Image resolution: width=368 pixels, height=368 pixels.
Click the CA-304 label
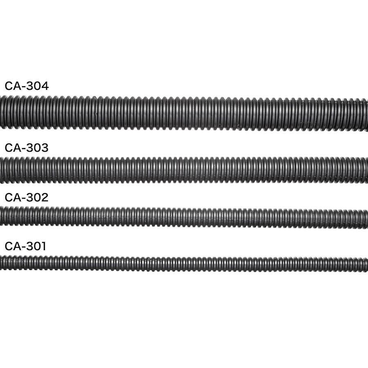(27, 86)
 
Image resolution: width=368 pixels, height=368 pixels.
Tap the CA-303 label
(27, 148)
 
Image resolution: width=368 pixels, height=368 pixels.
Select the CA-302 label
(27, 197)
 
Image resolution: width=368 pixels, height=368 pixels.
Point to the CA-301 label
(25, 246)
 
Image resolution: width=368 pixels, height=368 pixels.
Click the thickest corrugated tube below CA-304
(184, 113)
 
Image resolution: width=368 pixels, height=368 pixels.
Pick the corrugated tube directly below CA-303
(184, 171)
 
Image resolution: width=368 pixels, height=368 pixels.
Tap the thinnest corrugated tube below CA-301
(184, 264)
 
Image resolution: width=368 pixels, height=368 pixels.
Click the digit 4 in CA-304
(45, 86)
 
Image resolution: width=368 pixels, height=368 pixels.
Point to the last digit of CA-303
(45, 148)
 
